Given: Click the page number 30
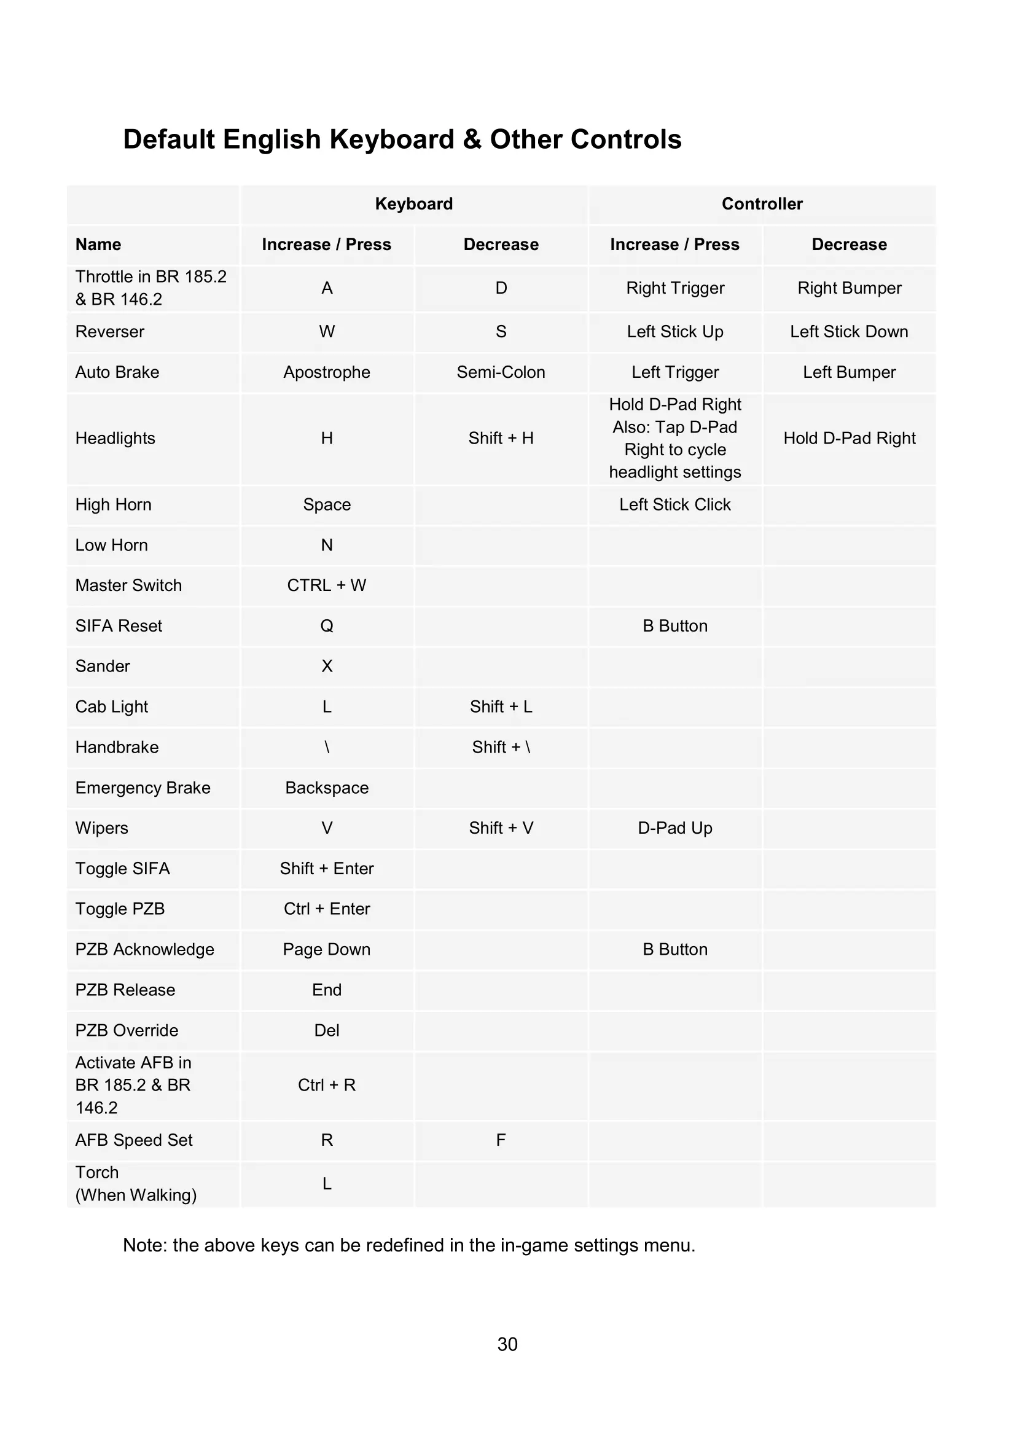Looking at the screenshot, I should click(x=507, y=1344).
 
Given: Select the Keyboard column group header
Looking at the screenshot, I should click(x=413, y=204).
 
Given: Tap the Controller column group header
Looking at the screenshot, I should click(x=761, y=204).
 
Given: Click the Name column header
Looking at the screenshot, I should click(x=98, y=245).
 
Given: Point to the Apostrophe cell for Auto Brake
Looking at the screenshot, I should click(x=327, y=372).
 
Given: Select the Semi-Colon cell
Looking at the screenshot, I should click(x=501, y=372).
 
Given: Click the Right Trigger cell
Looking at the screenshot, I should click(x=675, y=288).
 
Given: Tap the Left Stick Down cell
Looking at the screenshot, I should click(x=849, y=332).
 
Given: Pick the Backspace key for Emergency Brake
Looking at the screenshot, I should click(x=327, y=788).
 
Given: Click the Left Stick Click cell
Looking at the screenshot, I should click(x=675, y=505).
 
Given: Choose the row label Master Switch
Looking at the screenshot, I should click(x=128, y=586).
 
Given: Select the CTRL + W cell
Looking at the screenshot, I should click(x=327, y=586).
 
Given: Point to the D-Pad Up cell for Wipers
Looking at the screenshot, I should click(x=675, y=829).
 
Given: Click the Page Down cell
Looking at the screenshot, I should click(x=327, y=950).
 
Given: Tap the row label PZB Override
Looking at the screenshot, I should click(x=127, y=1031).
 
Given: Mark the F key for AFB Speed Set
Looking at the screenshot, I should click(x=501, y=1140).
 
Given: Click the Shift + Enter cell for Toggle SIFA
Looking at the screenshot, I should click(x=327, y=869).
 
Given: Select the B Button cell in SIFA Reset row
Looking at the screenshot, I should click(x=675, y=627).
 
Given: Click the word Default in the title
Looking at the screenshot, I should click(x=168, y=139).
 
